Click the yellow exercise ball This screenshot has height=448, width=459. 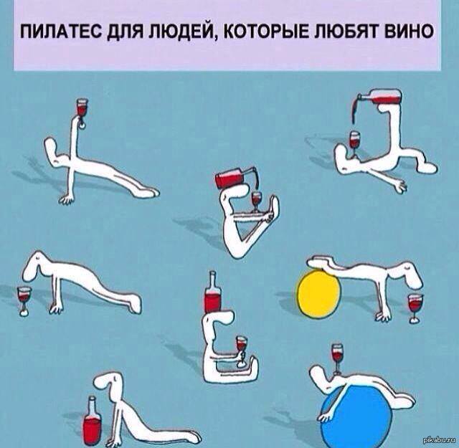pos(319,293)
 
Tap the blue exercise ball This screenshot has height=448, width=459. pos(356,416)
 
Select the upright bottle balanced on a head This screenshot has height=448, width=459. pos(212,292)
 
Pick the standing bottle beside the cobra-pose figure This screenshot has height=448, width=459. pos(92,421)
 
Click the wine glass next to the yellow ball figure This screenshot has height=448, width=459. pos(415,308)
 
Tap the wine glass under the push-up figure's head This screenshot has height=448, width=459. pos(24,301)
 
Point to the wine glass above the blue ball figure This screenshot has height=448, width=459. pos(337,358)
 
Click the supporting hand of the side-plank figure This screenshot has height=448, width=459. pos(67,199)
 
